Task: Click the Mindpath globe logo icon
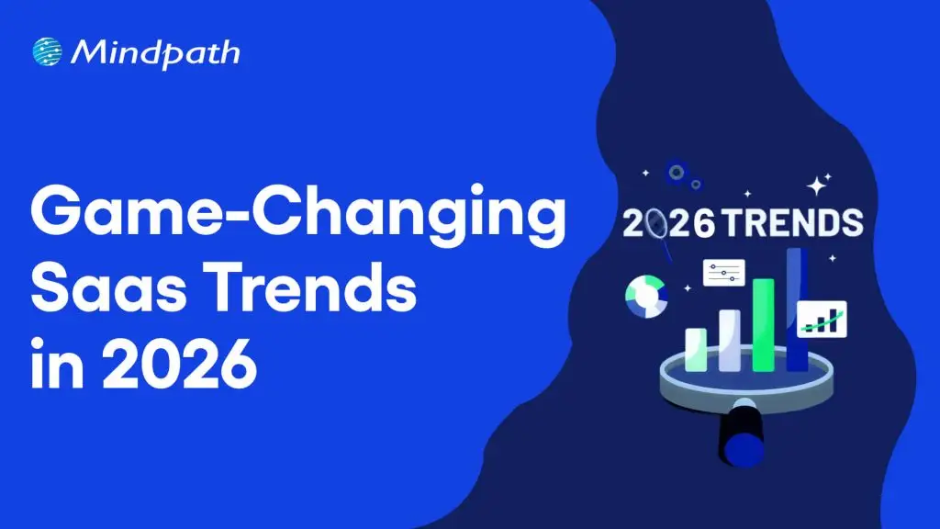point(47,51)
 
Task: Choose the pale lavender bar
point(730,340)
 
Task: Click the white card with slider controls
point(723,272)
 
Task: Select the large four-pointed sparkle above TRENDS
point(818,185)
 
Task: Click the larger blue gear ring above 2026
point(678,171)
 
